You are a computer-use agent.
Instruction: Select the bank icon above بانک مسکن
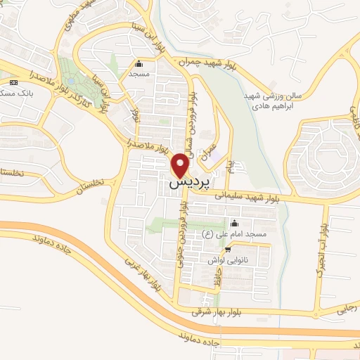click(14, 82)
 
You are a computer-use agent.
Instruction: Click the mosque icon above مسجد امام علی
click(233, 224)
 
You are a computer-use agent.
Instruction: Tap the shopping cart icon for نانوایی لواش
click(226, 250)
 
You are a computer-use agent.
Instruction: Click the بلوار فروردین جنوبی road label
click(184, 225)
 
